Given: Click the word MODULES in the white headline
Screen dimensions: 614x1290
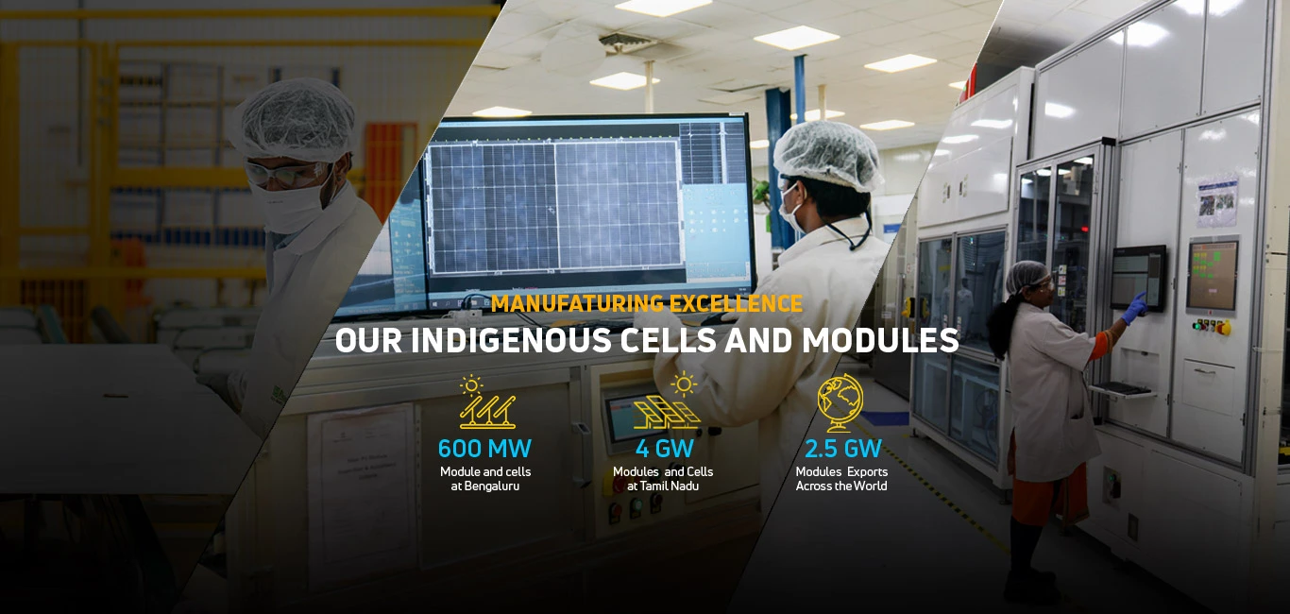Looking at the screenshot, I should [880, 341].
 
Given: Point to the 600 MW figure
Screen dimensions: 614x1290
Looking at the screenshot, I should [484, 448].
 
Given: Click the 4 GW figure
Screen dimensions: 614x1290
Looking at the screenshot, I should [664, 448].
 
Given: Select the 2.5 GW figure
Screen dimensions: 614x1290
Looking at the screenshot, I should [842, 448].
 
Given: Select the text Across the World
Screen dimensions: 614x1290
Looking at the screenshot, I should [841, 486].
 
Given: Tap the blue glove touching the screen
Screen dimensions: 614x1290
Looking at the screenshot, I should [1134, 307].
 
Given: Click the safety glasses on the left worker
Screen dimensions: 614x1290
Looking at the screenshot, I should [283, 174].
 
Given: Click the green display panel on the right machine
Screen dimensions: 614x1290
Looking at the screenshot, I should [1212, 275].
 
